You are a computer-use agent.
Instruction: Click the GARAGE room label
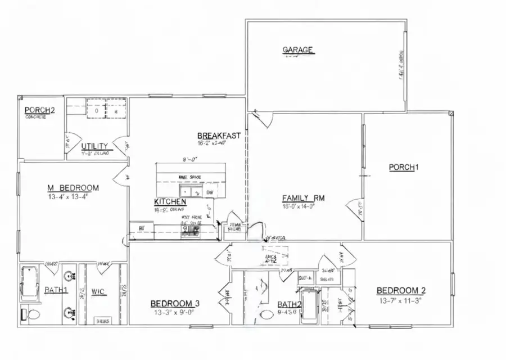coord(297,50)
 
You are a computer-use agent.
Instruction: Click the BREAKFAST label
coord(219,136)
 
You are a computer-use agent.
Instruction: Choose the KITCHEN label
coord(170,201)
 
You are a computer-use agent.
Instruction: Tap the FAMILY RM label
coord(304,198)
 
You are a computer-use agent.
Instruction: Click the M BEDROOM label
coord(73,188)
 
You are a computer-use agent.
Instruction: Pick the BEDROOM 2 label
coord(401,290)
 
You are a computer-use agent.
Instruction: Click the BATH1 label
coord(56,290)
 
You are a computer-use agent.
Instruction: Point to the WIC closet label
coord(99,291)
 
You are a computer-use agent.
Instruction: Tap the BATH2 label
coord(290,305)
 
